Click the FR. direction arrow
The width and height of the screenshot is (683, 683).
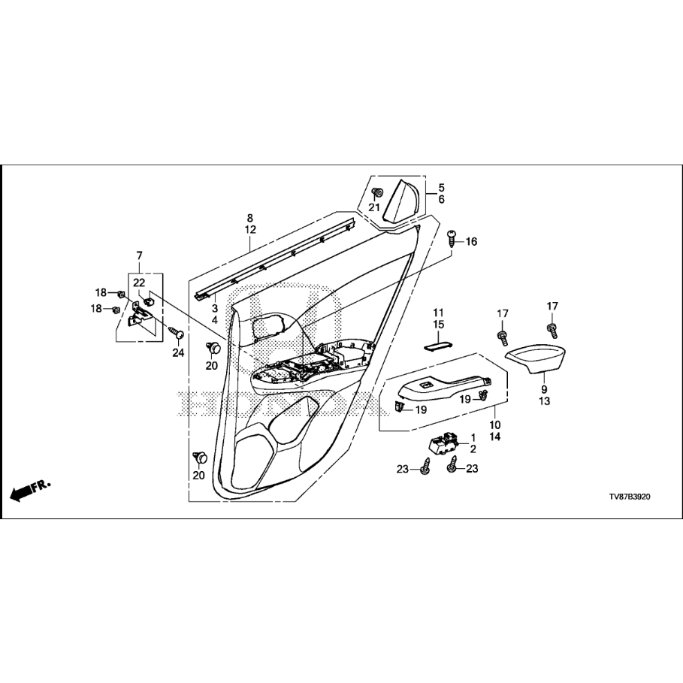(29, 490)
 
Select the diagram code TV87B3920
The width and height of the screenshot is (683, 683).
(630, 497)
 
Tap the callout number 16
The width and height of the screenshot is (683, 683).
(471, 241)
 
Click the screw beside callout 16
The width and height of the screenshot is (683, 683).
(452, 238)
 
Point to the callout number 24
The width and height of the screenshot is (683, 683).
(178, 352)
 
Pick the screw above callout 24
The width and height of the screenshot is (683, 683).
(177, 334)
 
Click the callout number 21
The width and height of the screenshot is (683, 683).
(374, 207)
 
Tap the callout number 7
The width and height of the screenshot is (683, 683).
(140, 255)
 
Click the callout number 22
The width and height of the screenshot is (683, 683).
(139, 283)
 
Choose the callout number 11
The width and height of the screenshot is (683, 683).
(438, 313)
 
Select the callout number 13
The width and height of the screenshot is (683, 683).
(545, 401)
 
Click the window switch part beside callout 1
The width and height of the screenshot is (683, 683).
(443, 444)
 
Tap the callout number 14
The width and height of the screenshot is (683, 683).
(495, 437)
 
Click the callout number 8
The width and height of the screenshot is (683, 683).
(249, 218)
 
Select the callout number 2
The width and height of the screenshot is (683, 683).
(473, 449)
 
